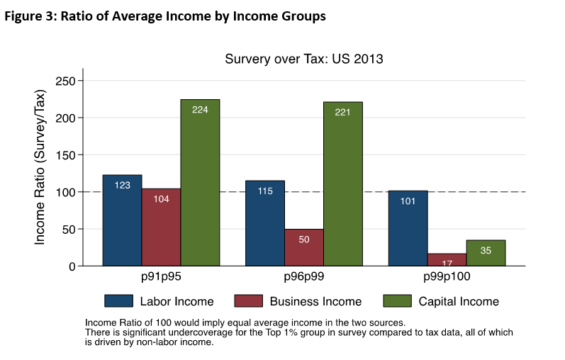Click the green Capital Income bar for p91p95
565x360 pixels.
pos(200,184)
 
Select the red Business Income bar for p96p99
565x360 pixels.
pos(303,248)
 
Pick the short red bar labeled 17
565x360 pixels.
pos(447,259)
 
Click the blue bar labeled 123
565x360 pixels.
pos(122,220)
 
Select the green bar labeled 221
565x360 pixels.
pos(343,184)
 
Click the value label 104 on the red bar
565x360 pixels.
pos(161,199)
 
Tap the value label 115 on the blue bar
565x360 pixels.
pos(265,191)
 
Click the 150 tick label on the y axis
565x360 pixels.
pos(66,155)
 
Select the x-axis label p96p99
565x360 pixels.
pos(303,276)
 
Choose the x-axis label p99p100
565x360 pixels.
pos(447,276)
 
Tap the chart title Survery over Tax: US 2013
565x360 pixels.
pos(303,59)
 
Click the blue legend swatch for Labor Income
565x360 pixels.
pos(119,301)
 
